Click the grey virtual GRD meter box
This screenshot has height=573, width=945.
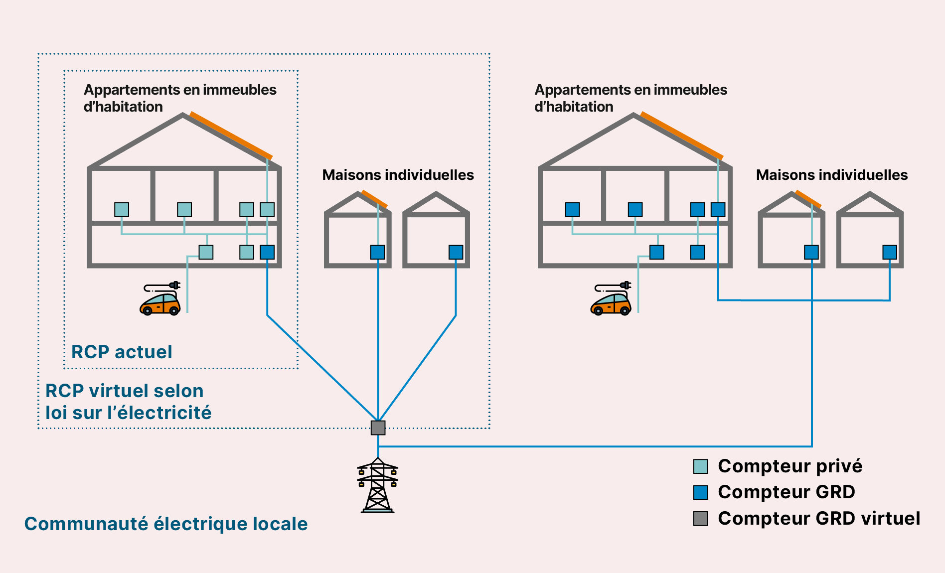tap(378, 428)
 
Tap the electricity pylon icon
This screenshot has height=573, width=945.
tap(378, 485)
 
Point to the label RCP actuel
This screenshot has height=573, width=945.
tap(122, 352)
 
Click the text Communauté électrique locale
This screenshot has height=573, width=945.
tap(166, 524)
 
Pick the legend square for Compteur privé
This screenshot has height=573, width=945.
tap(701, 466)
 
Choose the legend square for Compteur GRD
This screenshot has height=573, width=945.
tap(701, 492)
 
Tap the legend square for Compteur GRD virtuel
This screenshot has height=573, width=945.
tap(701, 519)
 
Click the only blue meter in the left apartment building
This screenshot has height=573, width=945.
tap(267, 252)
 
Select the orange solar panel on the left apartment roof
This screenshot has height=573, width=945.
tap(231, 136)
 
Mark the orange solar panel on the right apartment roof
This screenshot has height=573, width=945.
tap(681, 136)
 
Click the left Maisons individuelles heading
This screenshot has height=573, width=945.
tap(398, 175)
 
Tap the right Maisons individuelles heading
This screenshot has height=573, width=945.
tap(831, 175)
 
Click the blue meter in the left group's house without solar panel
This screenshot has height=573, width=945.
tap(456, 252)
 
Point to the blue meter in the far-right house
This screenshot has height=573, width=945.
tap(890, 252)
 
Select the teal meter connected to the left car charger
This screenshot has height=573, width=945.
tap(206, 252)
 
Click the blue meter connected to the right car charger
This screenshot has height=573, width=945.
tap(657, 252)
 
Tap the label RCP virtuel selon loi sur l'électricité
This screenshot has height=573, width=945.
tap(128, 402)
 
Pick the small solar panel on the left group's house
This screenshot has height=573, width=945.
tap(374, 199)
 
